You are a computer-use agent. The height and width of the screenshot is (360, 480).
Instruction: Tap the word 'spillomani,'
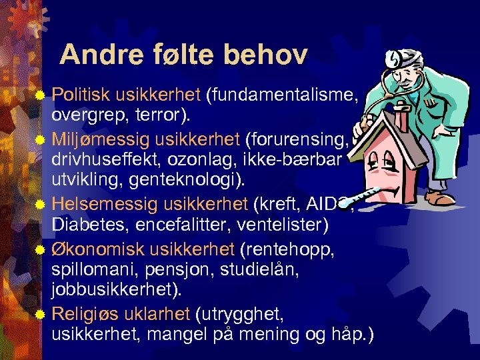91,269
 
